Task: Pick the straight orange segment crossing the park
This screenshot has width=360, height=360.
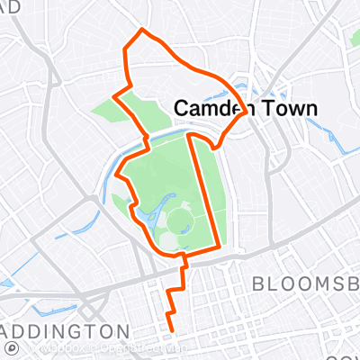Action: click(x=202, y=189)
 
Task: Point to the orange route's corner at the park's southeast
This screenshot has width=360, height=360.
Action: click(x=219, y=246)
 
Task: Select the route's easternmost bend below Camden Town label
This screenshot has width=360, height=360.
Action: click(x=242, y=105)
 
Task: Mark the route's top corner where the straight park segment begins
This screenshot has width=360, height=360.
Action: click(x=189, y=136)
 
